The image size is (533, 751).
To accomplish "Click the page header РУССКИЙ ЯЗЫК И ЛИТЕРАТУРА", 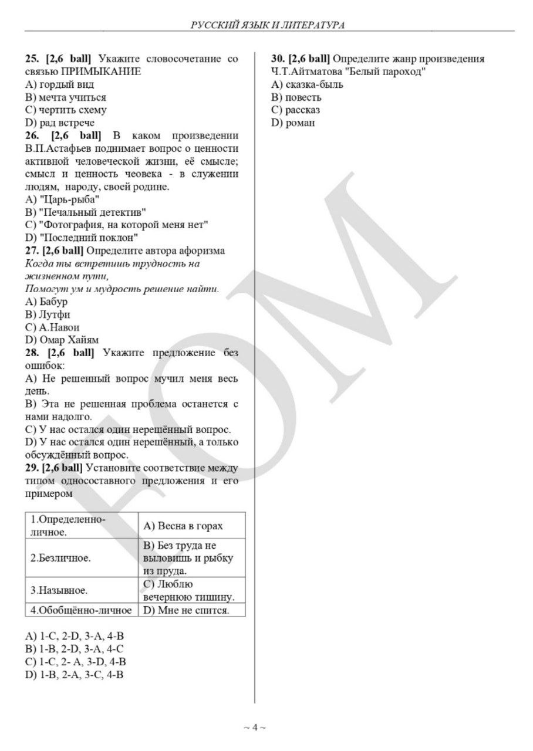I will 266,25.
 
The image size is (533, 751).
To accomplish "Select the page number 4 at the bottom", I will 255,728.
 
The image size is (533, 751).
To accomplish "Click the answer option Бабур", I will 53,302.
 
